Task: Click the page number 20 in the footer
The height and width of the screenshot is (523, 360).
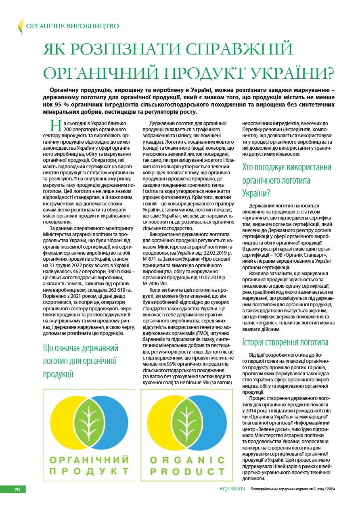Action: tap(17, 490)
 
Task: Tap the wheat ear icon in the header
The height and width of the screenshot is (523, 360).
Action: tap(20, 26)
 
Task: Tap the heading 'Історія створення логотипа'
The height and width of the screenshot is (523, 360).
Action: tap(285, 343)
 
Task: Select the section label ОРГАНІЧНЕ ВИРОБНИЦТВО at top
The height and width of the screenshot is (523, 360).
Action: tap(72, 26)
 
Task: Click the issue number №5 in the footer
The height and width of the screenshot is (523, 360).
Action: tap(310, 490)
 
